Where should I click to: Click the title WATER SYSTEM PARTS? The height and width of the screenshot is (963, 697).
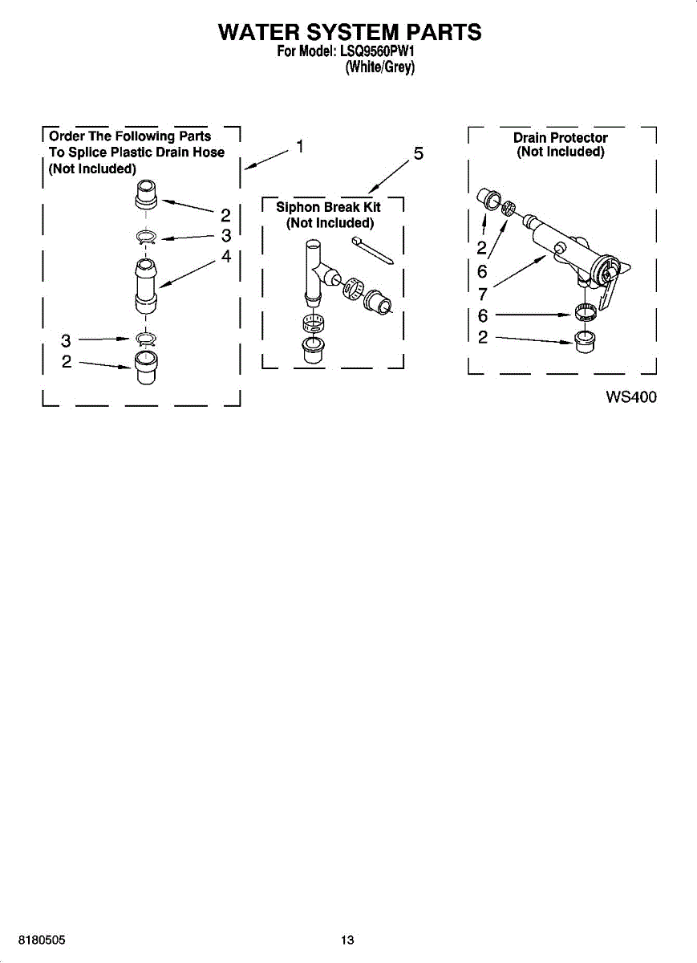(x=350, y=32)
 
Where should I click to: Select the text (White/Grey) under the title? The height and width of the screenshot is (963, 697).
(x=379, y=69)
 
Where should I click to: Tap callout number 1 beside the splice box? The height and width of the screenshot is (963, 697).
(x=300, y=146)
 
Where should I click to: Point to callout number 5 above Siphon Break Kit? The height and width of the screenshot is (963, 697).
(x=418, y=154)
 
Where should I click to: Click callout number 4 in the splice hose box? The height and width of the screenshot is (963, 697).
(x=226, y=257)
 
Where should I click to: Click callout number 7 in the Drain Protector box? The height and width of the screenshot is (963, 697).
(x=482, y=293)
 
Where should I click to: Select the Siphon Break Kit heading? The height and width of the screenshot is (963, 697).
(x=328, y=207)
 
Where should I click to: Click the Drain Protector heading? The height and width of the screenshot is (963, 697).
(x=560, y=138)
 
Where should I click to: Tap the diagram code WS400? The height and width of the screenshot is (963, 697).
(x=631, y=396)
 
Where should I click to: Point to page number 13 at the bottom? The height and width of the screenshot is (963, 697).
(x=347, y=940)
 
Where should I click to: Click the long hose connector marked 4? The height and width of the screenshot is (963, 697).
(x=145, y=285)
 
